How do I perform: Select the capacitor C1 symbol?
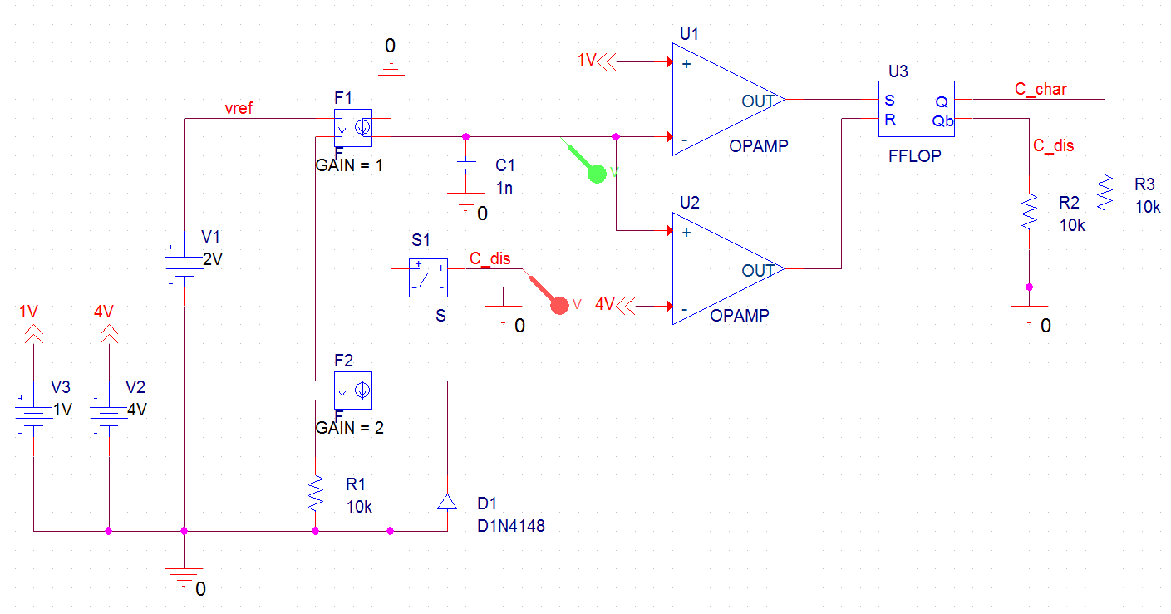coord(465,165)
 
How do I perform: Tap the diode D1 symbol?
coord(447,502)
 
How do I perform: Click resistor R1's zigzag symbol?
coord(315,494)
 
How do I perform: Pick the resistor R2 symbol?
coord(1029,212)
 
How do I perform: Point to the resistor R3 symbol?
coord(1105,193)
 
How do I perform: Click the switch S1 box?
coord(428,278)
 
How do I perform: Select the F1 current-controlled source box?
coord(353,128)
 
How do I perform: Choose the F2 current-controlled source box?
coord(353,391)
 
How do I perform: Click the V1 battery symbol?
coord(184,265)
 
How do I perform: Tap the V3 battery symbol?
coord(33,415)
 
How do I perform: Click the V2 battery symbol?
coord(109,415)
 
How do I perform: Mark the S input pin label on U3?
coord(890,100)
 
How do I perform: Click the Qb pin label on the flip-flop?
coord(942,121)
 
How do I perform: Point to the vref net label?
coord(239,108)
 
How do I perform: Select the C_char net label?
coord(1041,89)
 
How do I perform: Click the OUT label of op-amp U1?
coord(758,101)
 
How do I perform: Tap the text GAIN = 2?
coord(350,428)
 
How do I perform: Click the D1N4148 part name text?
coord(511,526)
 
